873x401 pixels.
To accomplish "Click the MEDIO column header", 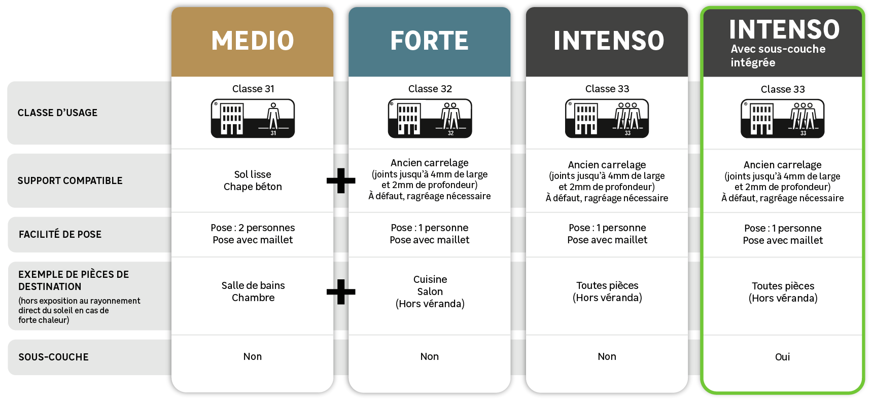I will coord(253,41).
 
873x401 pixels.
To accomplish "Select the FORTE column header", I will coord(429,41).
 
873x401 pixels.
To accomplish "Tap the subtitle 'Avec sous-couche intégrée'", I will coord(778,56).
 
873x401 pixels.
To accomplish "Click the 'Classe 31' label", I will coord(253,89).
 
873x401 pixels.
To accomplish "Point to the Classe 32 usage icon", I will coord(430,119).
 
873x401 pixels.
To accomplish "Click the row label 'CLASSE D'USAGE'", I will coord(57,113).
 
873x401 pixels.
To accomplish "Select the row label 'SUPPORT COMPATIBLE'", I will coord(70,180).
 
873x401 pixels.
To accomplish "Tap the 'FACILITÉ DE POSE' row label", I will coord(60,234).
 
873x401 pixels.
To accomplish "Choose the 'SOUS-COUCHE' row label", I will coord(53,357).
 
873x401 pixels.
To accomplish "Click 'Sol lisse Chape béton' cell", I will coord(253,180).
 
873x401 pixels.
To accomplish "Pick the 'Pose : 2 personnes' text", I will coord(253,228).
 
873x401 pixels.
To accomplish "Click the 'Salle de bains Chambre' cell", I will coord(253,291).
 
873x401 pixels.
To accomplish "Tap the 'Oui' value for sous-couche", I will coord(782,357).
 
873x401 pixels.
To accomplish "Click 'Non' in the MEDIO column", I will coord(253,356).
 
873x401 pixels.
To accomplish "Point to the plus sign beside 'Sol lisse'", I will coord(341,180).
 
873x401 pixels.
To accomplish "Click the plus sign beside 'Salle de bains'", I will coord(341,291).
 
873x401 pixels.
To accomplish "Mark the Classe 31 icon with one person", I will coord(253,119).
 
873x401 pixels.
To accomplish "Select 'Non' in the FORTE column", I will coord(429,356).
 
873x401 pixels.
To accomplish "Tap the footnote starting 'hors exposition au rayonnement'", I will coord(79,310).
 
